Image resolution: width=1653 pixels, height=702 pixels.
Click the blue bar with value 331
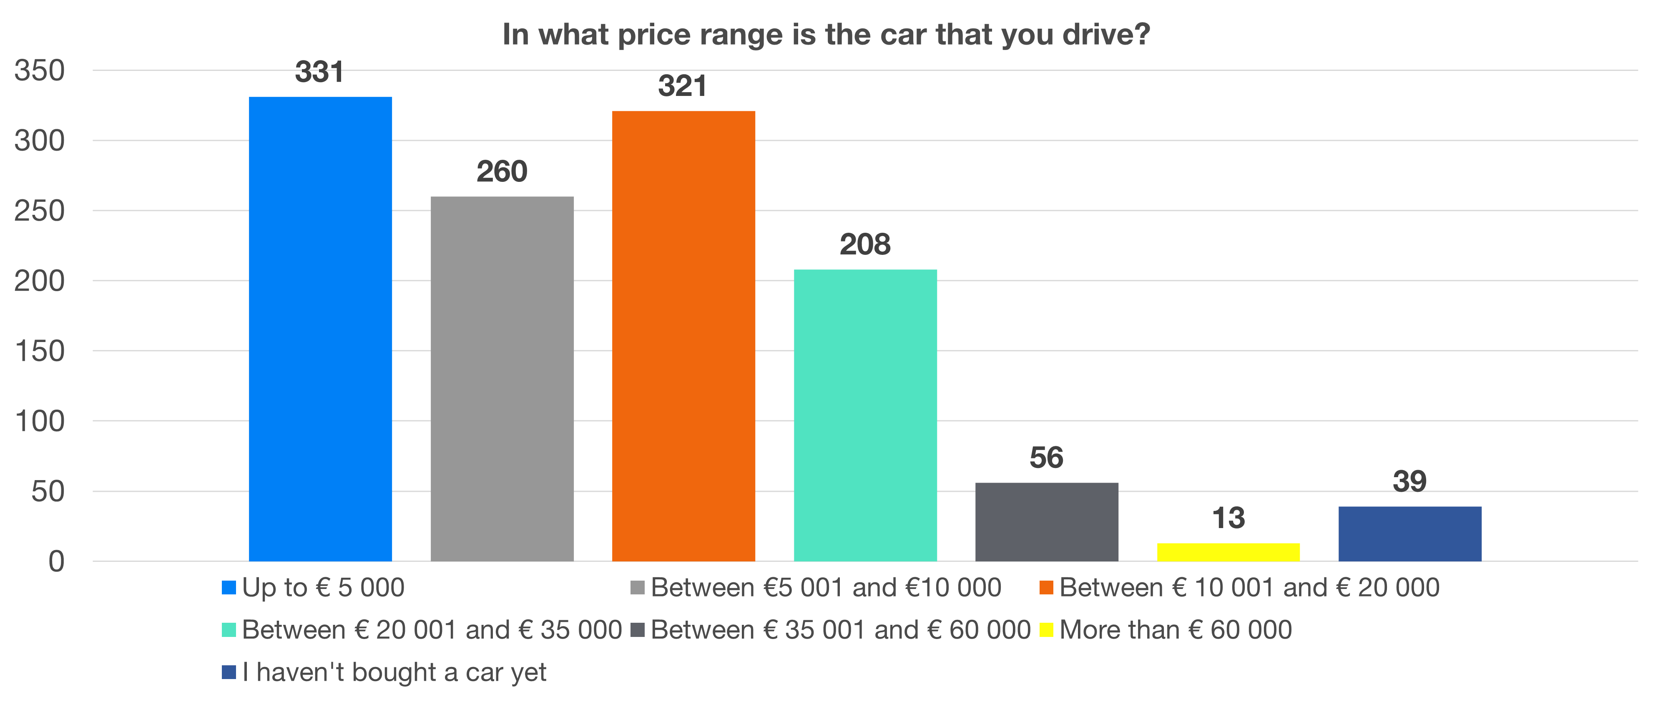[320, 329]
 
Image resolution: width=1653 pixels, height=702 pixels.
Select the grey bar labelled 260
[502, 379]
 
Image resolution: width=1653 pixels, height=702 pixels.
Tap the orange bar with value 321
[683, 336]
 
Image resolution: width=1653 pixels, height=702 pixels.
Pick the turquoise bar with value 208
[865, 415]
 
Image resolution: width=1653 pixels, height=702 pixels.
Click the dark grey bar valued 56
[1047, 522]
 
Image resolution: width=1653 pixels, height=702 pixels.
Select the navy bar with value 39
[1410, 534]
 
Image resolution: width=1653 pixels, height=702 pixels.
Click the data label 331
[319, 72]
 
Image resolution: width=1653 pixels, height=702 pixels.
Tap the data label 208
[865, 244]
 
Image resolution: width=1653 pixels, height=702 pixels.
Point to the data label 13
[1228, 518]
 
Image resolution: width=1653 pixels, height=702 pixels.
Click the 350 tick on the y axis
[40, 70]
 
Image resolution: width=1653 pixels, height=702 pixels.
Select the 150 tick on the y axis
[40, 351]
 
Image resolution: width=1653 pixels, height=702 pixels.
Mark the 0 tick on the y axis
[56, 561]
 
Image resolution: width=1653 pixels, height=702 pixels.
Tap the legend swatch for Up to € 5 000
[229, 587]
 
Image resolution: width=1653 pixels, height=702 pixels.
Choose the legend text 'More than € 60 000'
[1176, 629]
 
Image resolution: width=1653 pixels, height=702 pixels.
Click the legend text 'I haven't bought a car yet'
[394, 672]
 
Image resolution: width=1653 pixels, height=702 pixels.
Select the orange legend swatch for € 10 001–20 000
[1046, 587]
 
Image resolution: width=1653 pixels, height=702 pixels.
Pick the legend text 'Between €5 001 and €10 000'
[826, 587]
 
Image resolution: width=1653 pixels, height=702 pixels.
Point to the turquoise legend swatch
[229, 629]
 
